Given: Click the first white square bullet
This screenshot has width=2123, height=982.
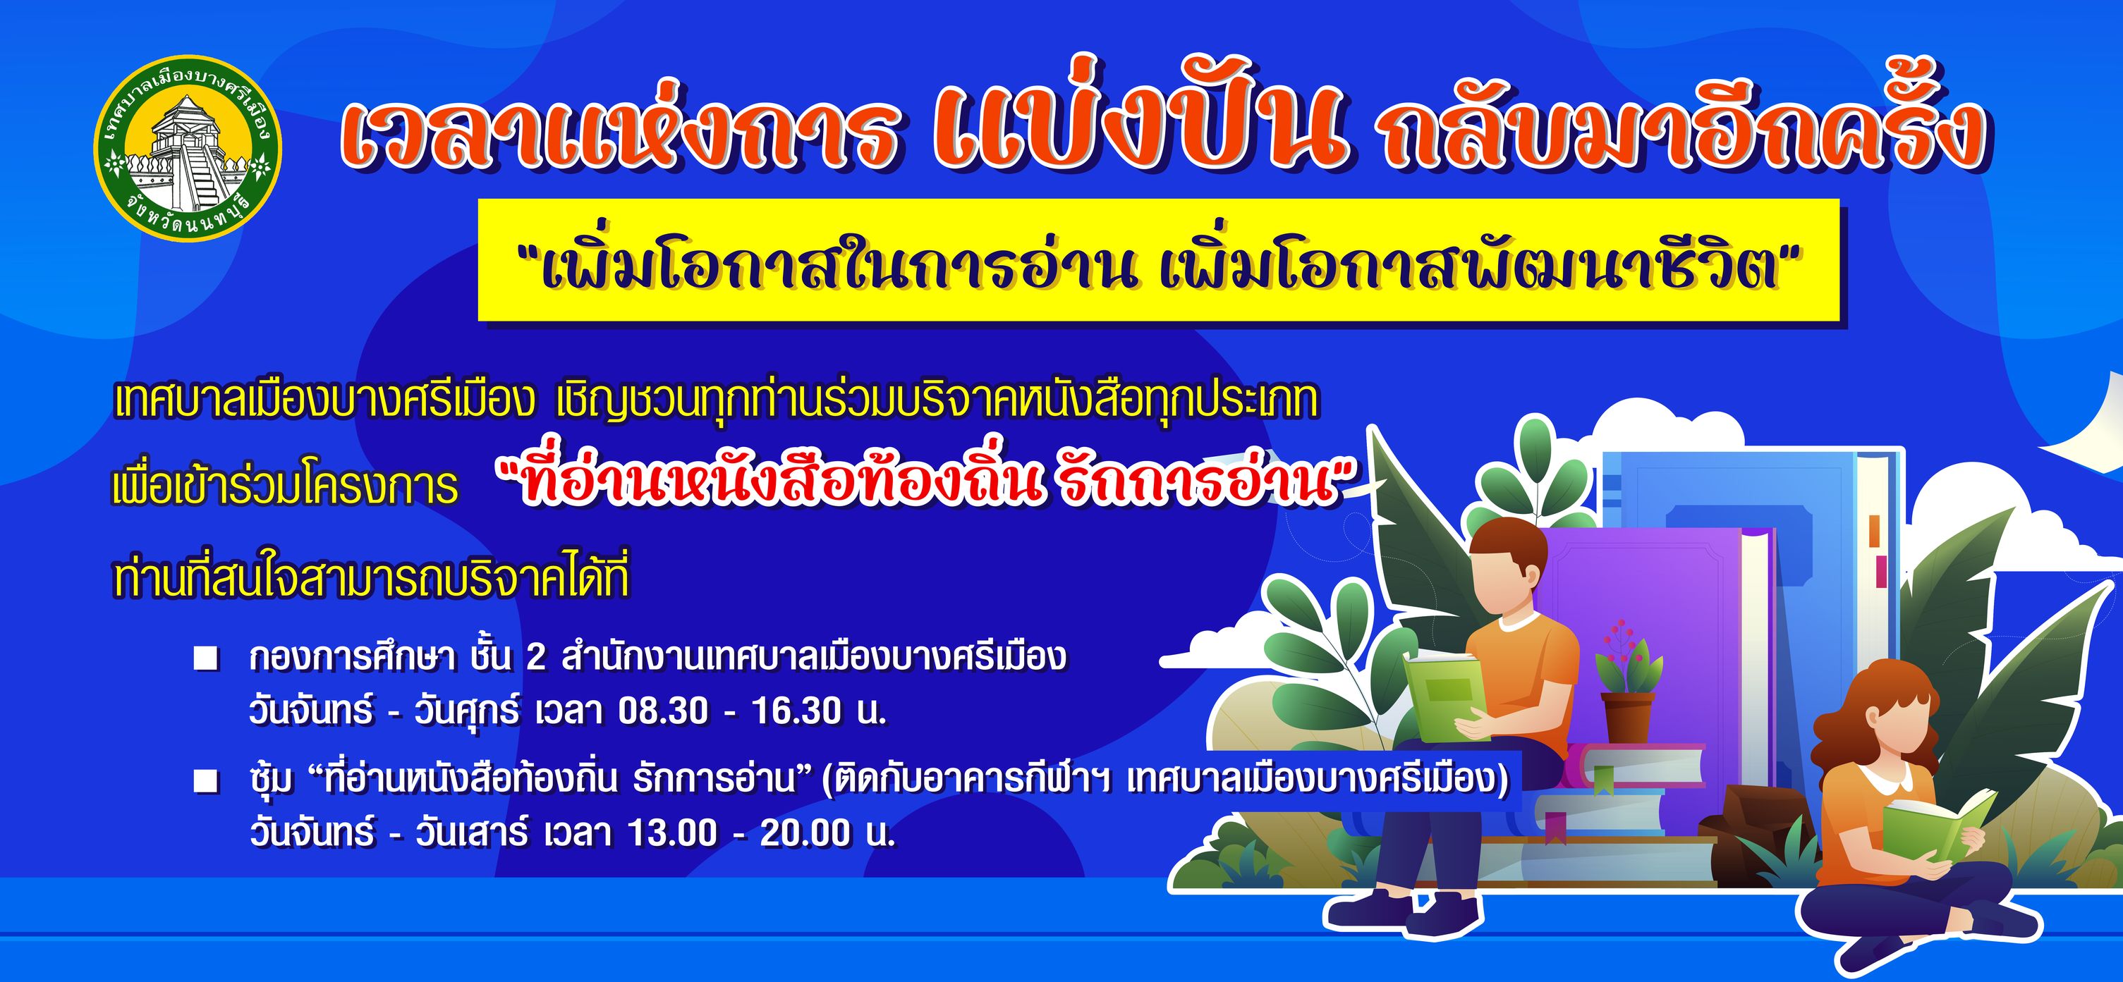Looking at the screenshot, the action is click(206, 659).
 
